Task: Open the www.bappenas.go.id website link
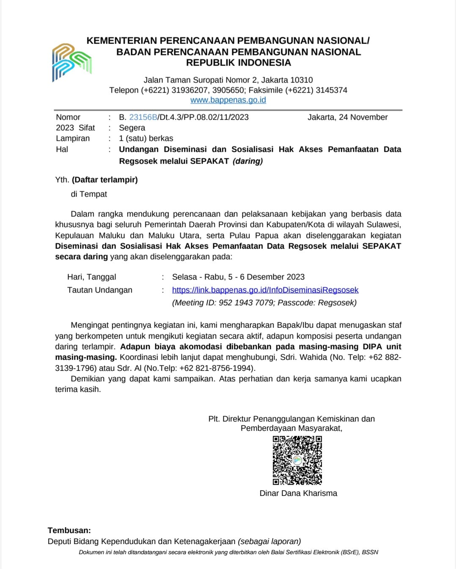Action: [x=228, y=100]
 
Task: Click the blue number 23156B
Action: [x=143, y=117]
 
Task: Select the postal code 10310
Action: [x=301, y=80]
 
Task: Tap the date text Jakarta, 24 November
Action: [x=347, y=117]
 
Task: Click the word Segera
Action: [x=132, y=128]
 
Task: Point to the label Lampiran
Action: [x=73, y=139]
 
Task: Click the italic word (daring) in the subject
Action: [x=247, y=161]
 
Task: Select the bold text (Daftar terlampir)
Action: [x=105, y=180]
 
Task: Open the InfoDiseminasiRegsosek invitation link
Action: [x=265, y=290]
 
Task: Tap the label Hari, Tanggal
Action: [x=91, y=277]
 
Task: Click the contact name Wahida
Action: [x=313, y=357]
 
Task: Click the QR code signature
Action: [x=297, y=460]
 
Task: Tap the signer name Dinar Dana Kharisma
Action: [x=298, y=493]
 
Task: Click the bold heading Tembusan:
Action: [x=69, y=531]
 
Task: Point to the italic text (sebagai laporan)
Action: [x=269, y=542]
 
